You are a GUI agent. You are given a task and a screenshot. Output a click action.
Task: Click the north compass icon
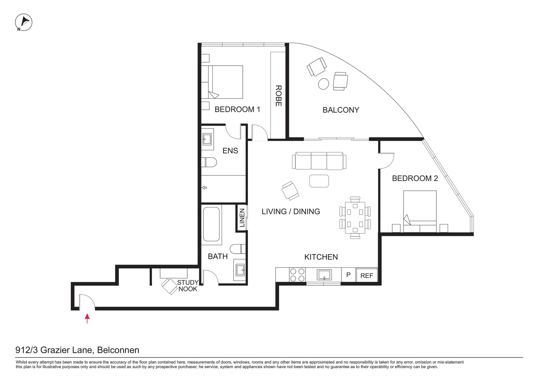click(24, 23)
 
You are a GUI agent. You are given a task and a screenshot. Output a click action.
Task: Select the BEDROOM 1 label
click(237, 109)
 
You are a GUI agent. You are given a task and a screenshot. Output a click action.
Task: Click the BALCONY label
click(341, 110)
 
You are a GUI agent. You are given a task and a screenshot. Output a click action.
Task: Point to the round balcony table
click(323, 84)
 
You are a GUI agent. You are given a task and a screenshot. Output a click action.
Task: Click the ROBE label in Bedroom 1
click(278, 96)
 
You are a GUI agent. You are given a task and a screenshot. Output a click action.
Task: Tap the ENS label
click(230, 151)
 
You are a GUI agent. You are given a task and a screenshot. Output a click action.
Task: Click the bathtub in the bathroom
click(212, 225)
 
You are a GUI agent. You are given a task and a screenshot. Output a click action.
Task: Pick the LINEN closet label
click(242, 218)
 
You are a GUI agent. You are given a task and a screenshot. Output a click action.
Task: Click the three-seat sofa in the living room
click(317, 161)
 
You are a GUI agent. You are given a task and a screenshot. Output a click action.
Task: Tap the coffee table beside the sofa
click(319, 181)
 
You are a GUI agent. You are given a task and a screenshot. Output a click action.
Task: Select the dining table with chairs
click(355, 218)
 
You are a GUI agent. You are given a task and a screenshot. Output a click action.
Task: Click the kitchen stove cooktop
click(297, 275)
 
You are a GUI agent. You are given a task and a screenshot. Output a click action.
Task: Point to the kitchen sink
click(324, 274)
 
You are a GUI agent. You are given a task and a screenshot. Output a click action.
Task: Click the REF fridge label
click(367, 276)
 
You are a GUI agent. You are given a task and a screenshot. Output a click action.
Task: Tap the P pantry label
click(348, 274)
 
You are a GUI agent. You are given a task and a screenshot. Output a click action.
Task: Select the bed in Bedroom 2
click(420, 211)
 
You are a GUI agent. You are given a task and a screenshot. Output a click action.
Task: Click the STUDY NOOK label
click(188, 286)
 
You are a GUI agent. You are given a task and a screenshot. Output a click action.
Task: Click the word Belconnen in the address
click(118, 350)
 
